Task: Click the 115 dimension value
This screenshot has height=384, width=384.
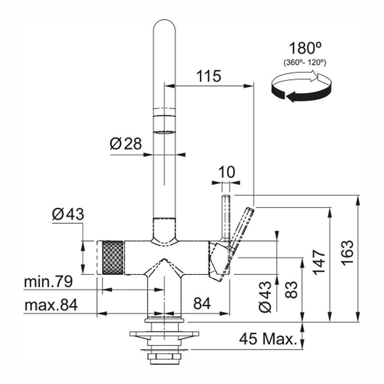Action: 209,76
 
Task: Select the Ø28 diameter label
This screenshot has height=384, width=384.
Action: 126,144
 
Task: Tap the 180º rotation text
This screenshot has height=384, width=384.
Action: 305,49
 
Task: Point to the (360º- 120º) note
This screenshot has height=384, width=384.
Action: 305,62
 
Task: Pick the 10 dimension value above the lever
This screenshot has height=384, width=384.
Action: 227,172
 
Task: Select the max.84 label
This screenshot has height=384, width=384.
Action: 51,305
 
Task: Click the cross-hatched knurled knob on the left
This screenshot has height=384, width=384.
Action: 112,257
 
